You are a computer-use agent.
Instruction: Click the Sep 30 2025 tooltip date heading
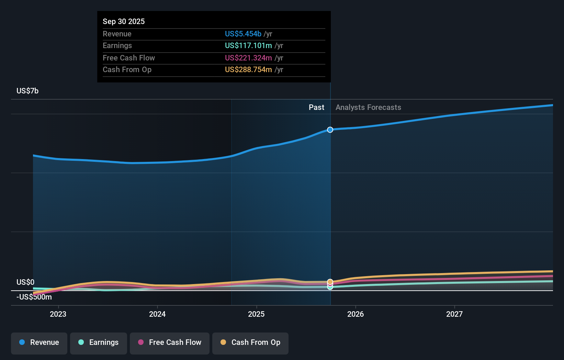coord(124,21)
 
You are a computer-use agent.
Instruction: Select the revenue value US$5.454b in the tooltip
coord(243,34)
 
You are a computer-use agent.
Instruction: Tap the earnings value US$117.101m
coord(248,45)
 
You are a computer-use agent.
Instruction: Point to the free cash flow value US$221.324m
coord(248,58)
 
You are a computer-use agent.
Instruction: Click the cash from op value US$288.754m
coord(248,69)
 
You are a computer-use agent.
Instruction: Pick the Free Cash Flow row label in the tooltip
coord(129,58)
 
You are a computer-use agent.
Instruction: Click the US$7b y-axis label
coord(27,91)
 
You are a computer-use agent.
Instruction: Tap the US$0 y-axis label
coord(25,282)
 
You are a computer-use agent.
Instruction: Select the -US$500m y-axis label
coord(34,297)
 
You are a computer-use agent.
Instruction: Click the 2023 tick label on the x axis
coord(58,314)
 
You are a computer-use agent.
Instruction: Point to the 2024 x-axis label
coord(157,314)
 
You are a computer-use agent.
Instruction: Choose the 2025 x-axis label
coord(256,314)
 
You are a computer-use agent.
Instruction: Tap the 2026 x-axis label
coord(356,314)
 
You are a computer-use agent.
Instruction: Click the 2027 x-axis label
coord(454,314)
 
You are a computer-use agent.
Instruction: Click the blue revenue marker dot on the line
coord(330,130)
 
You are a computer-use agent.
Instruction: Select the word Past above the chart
coord(316,107)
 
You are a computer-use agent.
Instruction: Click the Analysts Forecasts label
coord(368,107)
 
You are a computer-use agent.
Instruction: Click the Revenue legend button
coord(39,342)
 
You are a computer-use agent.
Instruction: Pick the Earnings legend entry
coord(99,342)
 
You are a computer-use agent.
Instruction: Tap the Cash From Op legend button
coord(250,342)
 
